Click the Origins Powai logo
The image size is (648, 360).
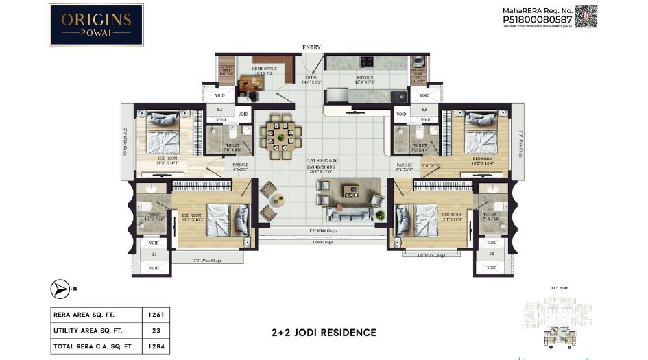click(96, 25)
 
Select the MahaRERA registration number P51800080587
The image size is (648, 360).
click(538, 21)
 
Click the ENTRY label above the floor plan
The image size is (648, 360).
click(311, 47)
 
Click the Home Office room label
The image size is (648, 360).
click(264, 69)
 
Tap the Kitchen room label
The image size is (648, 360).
click(365, 78)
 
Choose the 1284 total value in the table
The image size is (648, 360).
click(155, 347)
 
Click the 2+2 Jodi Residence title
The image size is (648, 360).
click(324, 333)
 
